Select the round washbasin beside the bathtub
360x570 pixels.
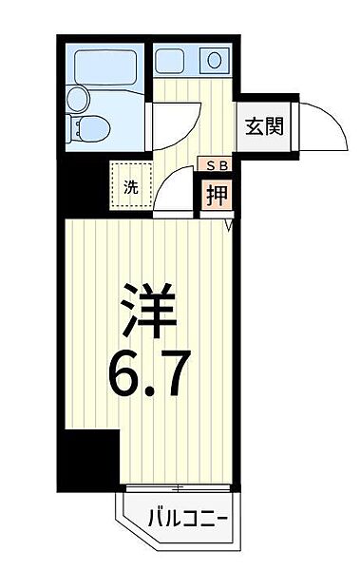tap(78, 98)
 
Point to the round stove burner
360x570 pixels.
tap(215, 61)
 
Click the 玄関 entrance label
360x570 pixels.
tap(261, 123)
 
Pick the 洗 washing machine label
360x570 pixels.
tap(129, 185)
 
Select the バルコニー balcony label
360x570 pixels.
tap(186, 519)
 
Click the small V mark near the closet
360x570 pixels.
tap(228, 225)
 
